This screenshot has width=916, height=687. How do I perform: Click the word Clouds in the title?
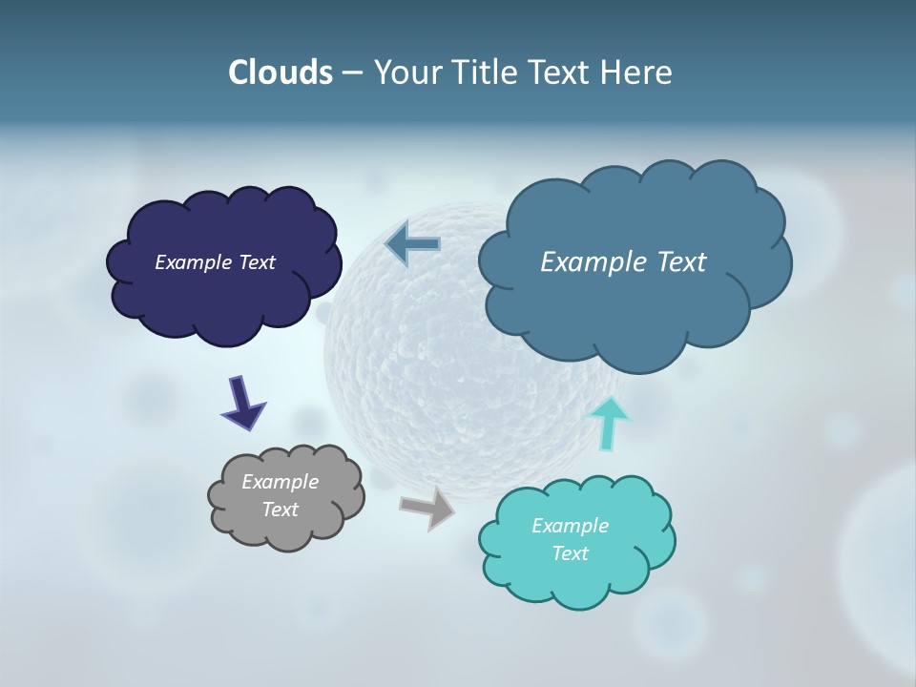coord(280,73)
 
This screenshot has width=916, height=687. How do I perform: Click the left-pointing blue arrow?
coord(413,244)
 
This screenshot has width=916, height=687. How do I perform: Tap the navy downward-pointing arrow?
coord(242,402)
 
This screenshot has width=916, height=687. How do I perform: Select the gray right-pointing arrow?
coord(427,507)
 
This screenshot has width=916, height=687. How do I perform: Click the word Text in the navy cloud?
coord(256,262)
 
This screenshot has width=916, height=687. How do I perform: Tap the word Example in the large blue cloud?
coord(592,262)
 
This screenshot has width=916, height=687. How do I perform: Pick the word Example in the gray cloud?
coord(280,482)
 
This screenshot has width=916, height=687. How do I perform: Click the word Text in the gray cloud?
coord(280,510)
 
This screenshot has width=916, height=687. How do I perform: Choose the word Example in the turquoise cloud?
coord(570,526)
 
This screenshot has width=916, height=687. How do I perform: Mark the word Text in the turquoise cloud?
coord(570,553)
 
